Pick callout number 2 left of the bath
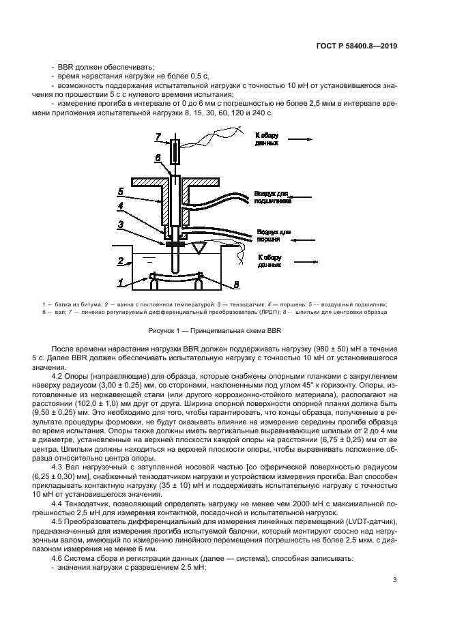click(120, 261)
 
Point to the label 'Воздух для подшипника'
click(273, 198)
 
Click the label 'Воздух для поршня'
click(273, 236)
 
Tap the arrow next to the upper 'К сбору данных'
click(301, 139)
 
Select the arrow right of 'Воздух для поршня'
click(301, 240)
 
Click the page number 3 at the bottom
click(395, 581)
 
